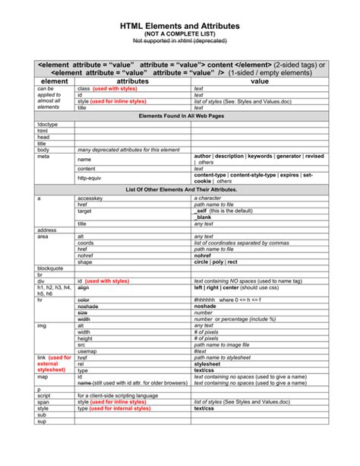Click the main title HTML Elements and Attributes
(180, 26)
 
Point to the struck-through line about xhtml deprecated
(180, 44)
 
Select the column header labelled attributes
(116, 81)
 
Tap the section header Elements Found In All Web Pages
(180, 115)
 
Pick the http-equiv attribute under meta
(89, 178)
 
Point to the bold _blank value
(203, 217)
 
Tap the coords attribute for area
(86, 243)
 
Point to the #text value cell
(201, 351)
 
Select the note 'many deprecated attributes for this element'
(126, 150)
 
